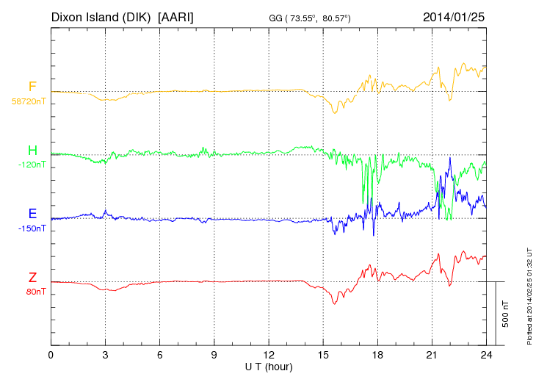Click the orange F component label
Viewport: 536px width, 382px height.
point(32,87)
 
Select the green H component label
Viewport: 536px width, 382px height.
point(32,151)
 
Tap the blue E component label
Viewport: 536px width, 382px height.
point(32,214)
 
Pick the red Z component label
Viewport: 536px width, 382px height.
point(32,277)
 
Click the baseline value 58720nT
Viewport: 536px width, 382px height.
point(28,101)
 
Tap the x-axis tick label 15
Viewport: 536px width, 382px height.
point(323,356)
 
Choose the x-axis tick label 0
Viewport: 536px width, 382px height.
point(51,356)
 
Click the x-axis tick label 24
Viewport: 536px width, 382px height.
point(487,356)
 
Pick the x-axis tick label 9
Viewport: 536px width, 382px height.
point(214,356)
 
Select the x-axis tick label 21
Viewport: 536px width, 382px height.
point(432,356)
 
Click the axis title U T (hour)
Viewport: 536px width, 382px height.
point(269,366)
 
